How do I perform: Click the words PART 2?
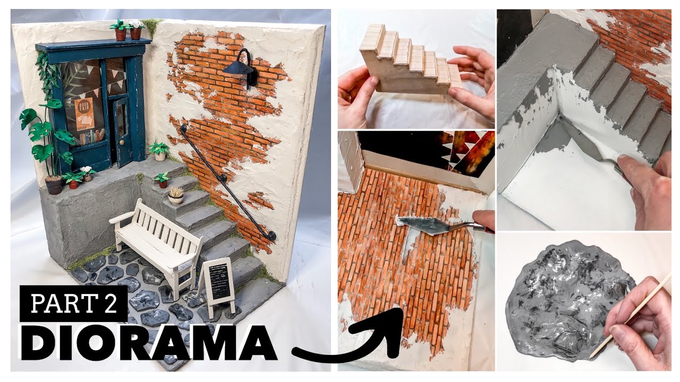(74, 303)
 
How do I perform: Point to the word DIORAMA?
(148, 343)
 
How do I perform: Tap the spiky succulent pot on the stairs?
(176, 195)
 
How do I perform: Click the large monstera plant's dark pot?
(54, 185)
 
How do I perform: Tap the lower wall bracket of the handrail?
(271, 236)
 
